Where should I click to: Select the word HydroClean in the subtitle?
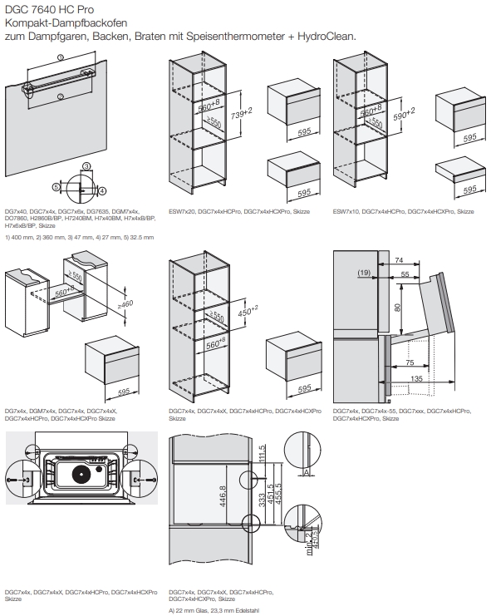[x=327, y=36]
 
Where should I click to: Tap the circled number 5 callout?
[x=56, y=188]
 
